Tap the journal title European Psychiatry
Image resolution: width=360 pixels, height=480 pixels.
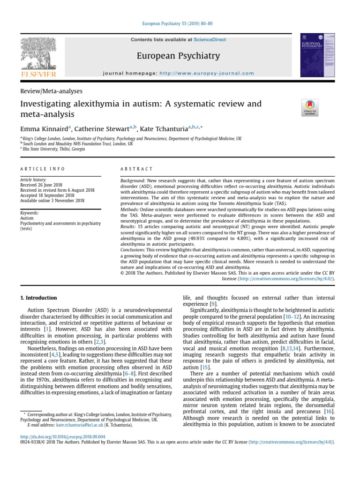(x=178, y=56)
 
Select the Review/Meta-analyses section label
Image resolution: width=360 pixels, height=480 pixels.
(x=51, y=91)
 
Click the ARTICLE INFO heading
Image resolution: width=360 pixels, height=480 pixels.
(x=43, y=169)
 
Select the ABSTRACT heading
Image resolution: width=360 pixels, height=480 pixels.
(x=137, y=169)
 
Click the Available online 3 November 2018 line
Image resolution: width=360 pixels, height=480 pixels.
(x=52, y=201)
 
